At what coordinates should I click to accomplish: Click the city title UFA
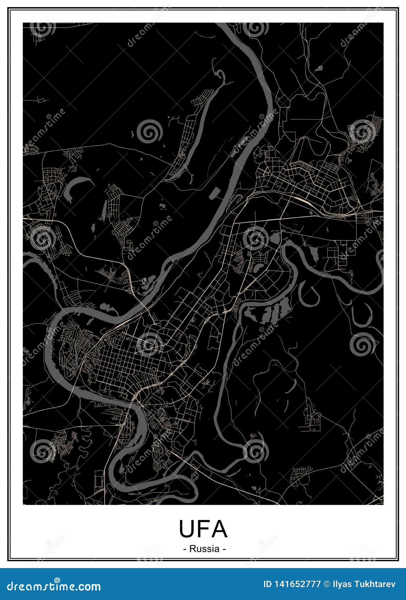pyautogui.click(x=203, y=529)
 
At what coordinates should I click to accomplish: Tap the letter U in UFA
pyautogui.click(x=187, y=529)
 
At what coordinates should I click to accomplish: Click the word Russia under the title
pyautogui.click(x=204, y=549)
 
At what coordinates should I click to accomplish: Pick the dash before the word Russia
pyautogui.click(x=185, y=549)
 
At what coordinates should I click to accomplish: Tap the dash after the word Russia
pyautogui.click(x=224, y=549)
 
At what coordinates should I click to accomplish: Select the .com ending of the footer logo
pyautogui.click(x=88, y=587)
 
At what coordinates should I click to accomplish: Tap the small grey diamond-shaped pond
pyautogui.click(x=319, y=67)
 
